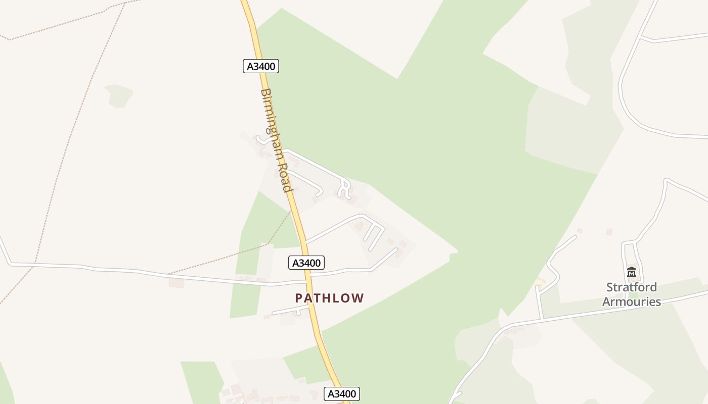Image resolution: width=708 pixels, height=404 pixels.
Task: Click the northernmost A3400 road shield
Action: [261, 66]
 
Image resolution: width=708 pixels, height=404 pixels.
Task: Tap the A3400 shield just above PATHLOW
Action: [306, 263]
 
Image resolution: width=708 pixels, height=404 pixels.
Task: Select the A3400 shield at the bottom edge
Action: [342, 394]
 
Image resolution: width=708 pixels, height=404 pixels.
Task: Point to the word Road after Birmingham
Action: [284, 178]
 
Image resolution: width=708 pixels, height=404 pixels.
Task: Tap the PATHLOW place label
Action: [329, 298]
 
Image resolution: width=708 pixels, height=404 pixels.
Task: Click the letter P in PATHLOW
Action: [299, 298]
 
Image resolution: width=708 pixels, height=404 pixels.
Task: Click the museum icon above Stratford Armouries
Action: [631, 272]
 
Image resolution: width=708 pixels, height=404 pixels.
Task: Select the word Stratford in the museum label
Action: [632, 287]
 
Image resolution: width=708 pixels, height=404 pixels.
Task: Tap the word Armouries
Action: [632, 301]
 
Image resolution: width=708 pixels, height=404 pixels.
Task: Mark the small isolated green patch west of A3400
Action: [119, 95]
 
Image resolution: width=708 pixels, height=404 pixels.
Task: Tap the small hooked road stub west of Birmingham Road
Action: [261, 139]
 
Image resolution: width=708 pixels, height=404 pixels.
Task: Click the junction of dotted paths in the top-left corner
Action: [9, 39]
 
